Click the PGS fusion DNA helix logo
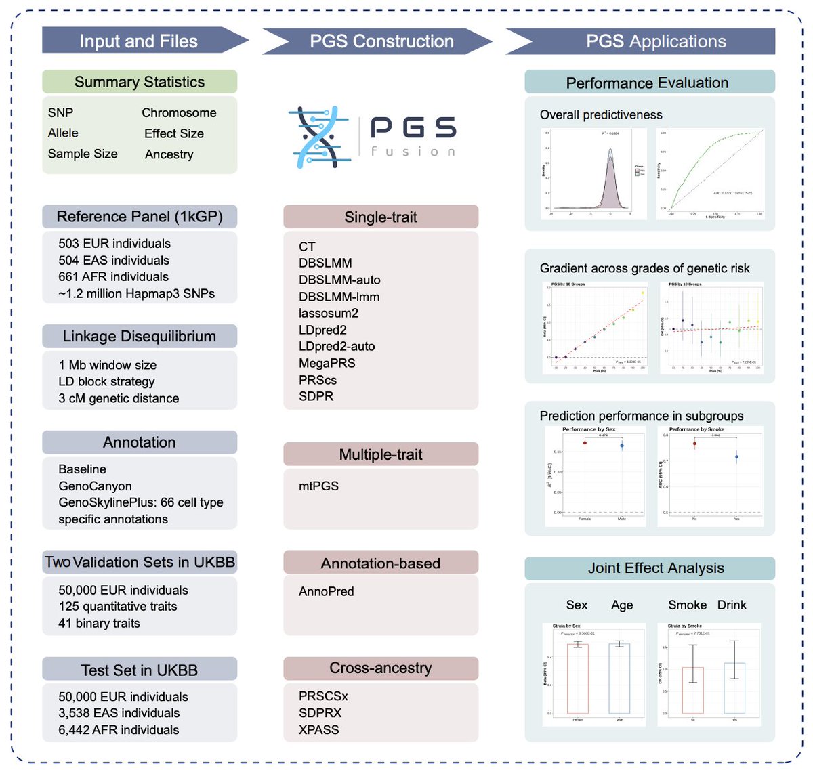(320, 137)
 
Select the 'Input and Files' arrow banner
(139, 41)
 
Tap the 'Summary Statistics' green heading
(140, 82)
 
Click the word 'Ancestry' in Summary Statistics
(169, 154)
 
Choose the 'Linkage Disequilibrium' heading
(140, 336)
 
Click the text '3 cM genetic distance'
(119, 398)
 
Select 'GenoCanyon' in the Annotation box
(95, 486)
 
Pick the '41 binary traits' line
(99, 623)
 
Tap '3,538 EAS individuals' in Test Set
(119, 713)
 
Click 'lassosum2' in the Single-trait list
(329, 313)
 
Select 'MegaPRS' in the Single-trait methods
(327, 363)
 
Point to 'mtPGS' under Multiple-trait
(318, 486)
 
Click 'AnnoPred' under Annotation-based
(326, 591)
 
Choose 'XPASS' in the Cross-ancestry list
(318, 729)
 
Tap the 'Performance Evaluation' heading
(647, 83)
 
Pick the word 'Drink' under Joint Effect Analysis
(732, 605)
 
